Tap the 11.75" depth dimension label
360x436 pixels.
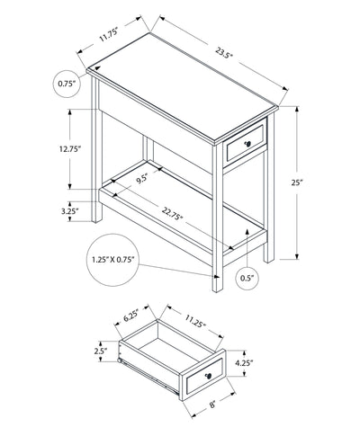tap(109, 35)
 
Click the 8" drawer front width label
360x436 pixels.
tap(212, 405)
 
